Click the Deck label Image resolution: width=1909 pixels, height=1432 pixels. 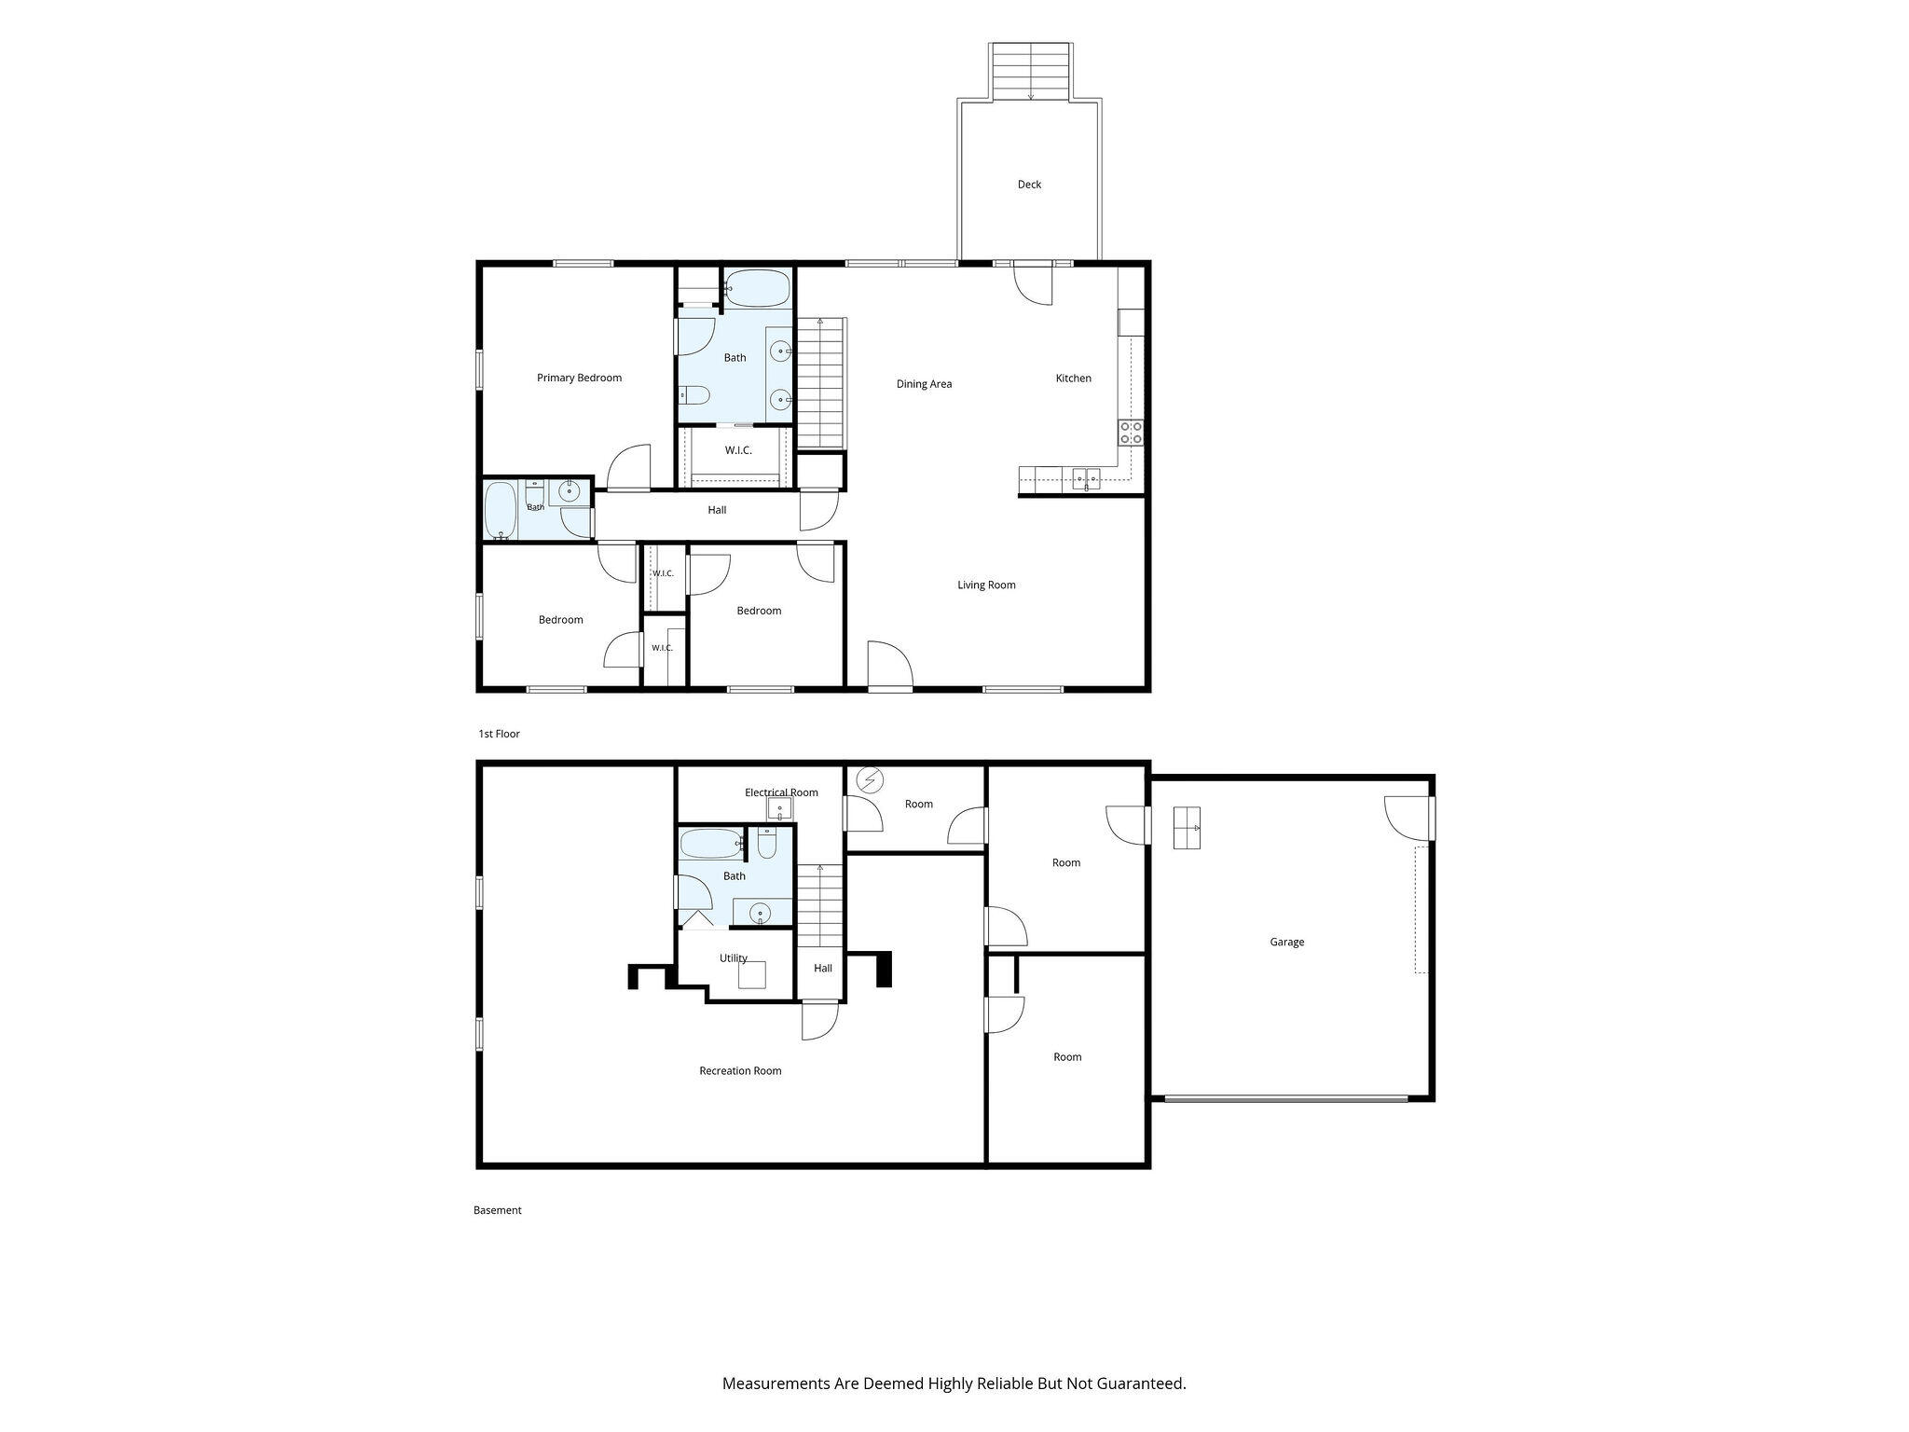[1029, 185]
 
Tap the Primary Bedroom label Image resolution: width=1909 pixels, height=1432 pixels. [579, 378]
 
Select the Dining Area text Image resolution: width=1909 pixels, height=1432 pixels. [924, 384]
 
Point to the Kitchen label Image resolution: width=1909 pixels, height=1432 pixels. [1073, 379]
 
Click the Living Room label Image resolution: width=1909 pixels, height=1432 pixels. [986, 585]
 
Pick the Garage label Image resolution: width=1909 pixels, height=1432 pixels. [1286, 943]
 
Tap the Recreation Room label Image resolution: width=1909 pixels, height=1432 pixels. [740, 1071]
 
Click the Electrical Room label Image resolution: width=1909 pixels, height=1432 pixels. [781, 792]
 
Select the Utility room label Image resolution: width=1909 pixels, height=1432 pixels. [734, 958]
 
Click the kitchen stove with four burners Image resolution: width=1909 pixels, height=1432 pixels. [1131, 433]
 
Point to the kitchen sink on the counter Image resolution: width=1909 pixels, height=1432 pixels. [1086, 479]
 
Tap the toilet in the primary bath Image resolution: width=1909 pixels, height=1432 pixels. [694, 396]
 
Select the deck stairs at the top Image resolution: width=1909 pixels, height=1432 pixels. [1030, 71]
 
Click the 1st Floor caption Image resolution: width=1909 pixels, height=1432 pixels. [499, 734]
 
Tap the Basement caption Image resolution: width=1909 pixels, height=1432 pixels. [497, 1210]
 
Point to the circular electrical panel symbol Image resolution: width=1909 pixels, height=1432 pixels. [871, 779]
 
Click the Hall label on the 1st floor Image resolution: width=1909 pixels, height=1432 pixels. [717, 510]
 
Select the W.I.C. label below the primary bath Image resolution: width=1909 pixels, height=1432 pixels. [738, 450]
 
